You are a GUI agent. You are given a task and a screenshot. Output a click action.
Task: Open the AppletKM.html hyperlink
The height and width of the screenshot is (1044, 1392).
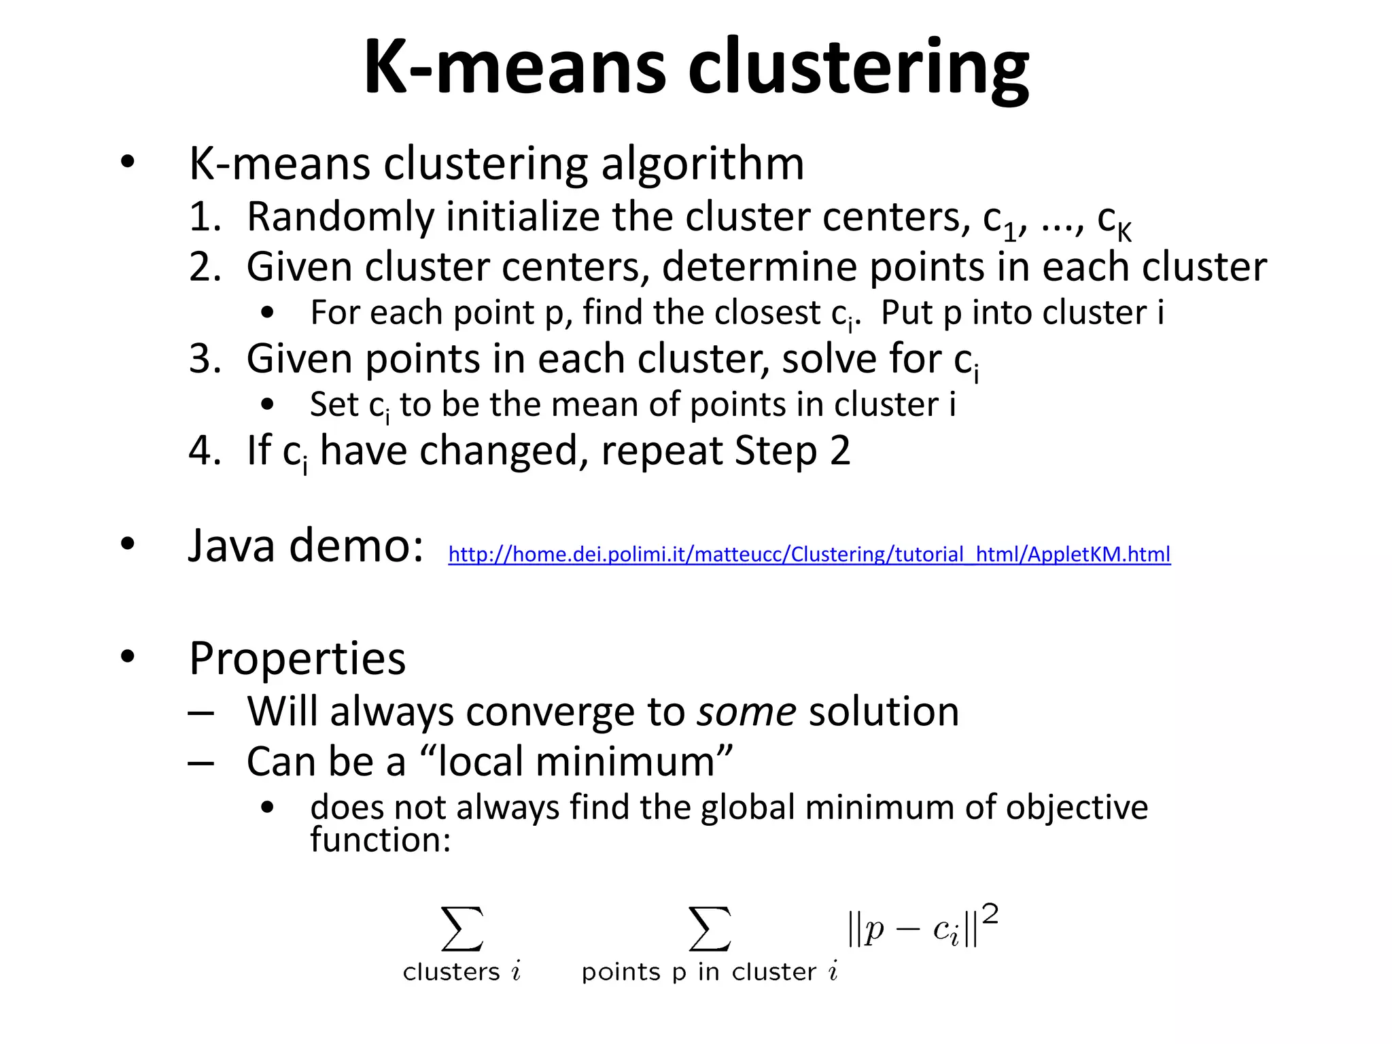809,555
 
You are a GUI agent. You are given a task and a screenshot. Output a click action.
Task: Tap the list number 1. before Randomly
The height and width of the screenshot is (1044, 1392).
205,217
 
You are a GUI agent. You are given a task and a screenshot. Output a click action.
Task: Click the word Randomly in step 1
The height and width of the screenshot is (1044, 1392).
340,217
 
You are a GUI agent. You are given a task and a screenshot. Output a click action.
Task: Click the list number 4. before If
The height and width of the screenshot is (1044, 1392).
205,451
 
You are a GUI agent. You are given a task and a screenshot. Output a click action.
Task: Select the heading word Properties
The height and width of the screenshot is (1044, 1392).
298,659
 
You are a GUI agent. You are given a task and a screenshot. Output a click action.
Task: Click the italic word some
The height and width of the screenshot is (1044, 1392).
746,712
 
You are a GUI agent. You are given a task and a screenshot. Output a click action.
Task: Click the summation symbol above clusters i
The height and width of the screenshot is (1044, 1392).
462,928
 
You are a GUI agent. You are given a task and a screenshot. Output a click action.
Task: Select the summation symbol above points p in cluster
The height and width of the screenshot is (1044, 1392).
710,928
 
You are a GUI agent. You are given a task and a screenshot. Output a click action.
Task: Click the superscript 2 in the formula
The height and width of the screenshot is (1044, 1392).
990,915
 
